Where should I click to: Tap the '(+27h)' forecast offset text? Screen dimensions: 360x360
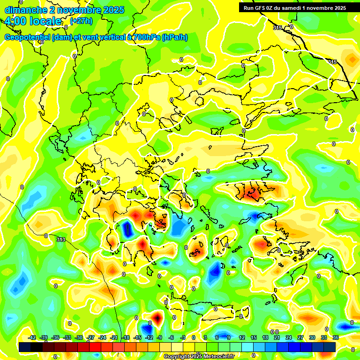point(81,21)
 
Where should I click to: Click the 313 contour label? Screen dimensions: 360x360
point(61,240)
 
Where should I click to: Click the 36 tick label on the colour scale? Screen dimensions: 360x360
point(336,337)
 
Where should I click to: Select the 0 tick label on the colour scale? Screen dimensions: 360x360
point(194,337)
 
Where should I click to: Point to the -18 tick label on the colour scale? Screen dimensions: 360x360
point(126,337)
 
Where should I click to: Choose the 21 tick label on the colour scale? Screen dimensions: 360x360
point(277,337)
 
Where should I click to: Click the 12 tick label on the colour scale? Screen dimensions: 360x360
point(241,337)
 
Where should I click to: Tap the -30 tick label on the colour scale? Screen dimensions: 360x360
point(79,337)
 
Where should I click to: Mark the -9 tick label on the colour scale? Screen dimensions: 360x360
point(159,337)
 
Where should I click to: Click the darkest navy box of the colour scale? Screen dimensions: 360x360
point(25,346)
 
